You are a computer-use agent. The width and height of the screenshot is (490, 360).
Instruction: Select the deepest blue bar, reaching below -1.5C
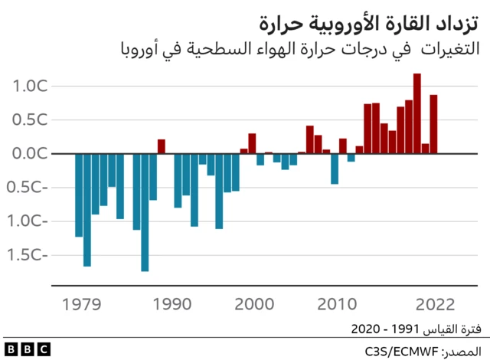click(x=145, y=212)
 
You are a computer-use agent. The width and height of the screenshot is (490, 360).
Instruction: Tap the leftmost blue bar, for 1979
click(x=79, y=195)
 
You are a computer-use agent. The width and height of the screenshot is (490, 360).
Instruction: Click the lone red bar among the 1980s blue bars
click(x=162, y=146)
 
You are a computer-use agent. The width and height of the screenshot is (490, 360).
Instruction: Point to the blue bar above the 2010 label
click(x=335, y=169)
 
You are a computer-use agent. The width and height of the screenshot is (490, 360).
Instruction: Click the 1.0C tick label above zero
click(x=30, y=86)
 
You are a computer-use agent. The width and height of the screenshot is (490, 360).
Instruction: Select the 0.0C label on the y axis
click(x=30, y=153)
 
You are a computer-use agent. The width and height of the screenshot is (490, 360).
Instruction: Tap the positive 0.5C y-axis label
click(x=30, y=119)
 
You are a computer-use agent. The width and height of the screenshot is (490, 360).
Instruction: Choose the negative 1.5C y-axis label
click(x=30, y=255)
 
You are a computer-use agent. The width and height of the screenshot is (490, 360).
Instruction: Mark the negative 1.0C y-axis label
click(x=30, y=221)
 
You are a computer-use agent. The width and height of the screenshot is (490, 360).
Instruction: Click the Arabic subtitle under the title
click(x=299, y=50)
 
